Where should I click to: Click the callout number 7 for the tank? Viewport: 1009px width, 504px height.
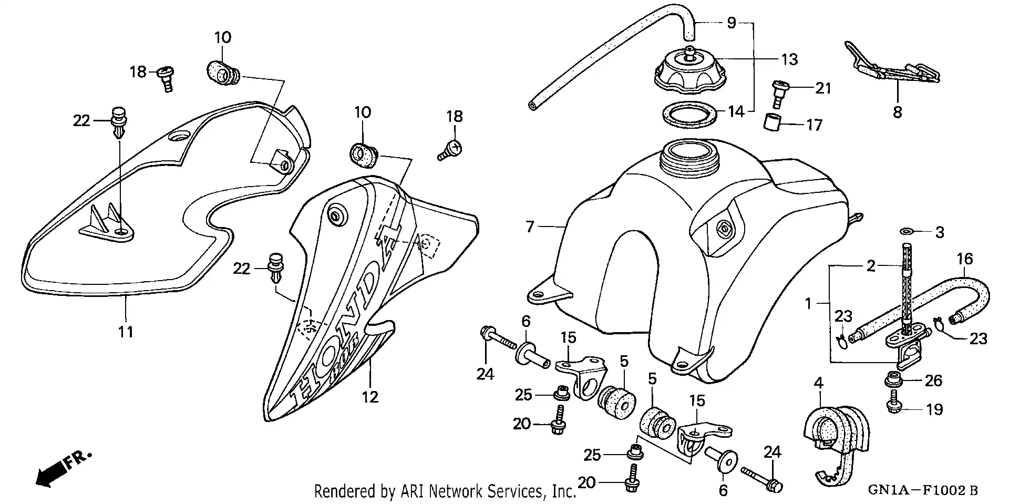[530, 227]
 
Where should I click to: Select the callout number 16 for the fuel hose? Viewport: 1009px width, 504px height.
[965, 259]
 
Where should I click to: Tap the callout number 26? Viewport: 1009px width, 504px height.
[933, 380]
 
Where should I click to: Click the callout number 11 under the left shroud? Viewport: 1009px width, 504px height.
[125, 332]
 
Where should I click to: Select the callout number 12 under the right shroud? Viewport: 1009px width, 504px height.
[370, 397]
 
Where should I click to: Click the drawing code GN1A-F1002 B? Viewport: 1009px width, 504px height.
[922, 491]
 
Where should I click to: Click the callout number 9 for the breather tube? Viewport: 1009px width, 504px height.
[732, 23]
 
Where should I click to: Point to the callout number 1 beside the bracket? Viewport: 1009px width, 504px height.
[809, 303]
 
